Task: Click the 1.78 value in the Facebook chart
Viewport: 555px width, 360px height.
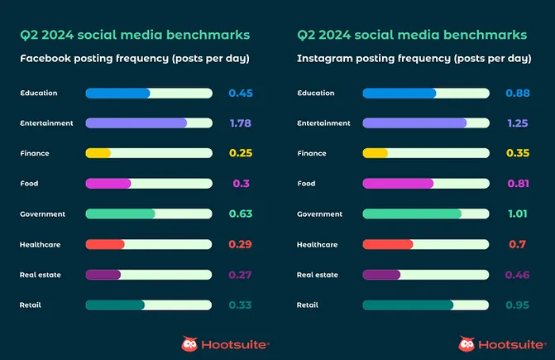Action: click(240, 123)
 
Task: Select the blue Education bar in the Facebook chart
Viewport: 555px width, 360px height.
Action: click(117, 94)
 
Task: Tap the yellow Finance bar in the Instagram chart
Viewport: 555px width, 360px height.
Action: click(376, 153)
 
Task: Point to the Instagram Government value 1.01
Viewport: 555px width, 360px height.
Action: click(518, 214)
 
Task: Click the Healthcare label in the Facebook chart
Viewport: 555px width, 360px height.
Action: click(41, 244)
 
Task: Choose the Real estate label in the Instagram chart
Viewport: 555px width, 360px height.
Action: click(318, 275)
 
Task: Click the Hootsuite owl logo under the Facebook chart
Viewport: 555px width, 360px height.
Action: click(189, 343)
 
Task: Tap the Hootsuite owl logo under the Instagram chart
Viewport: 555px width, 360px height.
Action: click(466, 343)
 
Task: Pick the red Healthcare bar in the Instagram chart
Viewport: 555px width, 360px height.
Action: click(388, 244)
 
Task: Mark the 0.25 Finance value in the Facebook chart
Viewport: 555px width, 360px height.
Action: click(240, 153)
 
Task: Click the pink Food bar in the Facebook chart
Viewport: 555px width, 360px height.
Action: click(108, 184)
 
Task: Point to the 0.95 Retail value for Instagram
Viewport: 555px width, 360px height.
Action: click(518, 305)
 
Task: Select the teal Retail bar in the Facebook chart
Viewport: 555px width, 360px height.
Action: click(115, 305)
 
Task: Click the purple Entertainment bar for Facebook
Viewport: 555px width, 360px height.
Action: click(136, 123)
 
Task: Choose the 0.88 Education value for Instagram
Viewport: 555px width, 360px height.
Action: click(518, 94)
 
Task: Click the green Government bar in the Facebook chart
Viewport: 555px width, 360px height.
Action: click(120, 214)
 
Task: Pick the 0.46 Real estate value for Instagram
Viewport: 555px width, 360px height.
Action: click(518, 275)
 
